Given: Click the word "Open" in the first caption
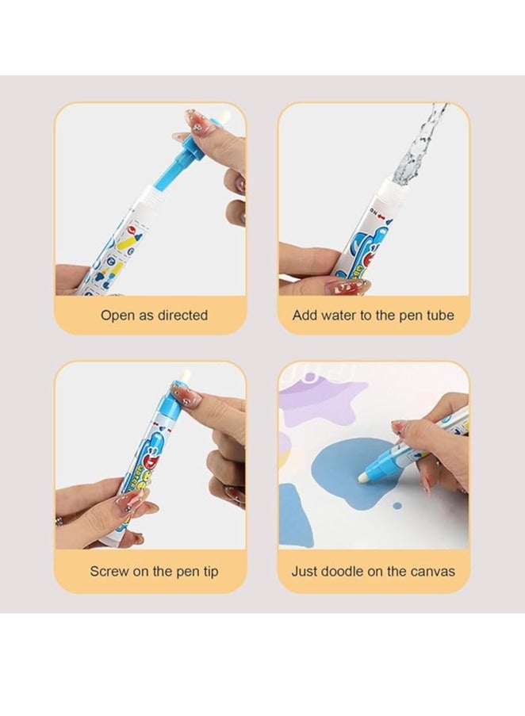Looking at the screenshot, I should pos(117,316).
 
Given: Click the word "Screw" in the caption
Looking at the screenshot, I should pos(109,571).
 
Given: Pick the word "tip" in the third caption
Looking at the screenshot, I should pos(208,571).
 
